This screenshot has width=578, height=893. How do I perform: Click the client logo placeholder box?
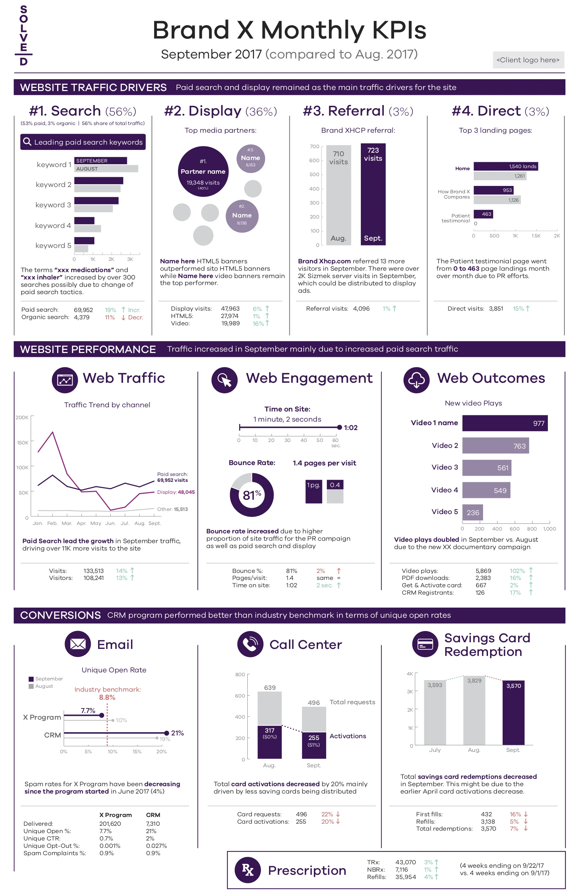(x=528, y=60)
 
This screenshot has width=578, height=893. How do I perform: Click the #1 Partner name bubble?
(x=203, y=172)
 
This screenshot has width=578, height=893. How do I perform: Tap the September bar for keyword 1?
(x=101, y=161)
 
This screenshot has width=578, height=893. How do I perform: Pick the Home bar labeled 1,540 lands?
(x=505, y=166)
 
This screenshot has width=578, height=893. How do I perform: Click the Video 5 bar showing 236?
(x=472, y=513)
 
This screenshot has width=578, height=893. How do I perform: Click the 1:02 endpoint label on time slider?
(x=351, y=428)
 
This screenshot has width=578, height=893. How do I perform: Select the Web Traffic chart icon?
(x=65, y=380)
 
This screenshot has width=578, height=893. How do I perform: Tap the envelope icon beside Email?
(x=78, y=644)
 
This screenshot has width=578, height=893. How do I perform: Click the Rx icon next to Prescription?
(x=248, y=870)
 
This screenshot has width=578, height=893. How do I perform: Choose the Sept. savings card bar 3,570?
(x=514, y=713)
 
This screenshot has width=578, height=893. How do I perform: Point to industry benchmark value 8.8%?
(x=107, y=698)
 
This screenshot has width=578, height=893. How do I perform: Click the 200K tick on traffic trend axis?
(x=22, y=417)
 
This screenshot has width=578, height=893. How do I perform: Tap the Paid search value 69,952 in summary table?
(x=83, y=310)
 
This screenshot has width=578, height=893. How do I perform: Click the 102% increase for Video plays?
(x=517, y=571)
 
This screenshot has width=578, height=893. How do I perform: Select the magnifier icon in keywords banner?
(x=27, y=141)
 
